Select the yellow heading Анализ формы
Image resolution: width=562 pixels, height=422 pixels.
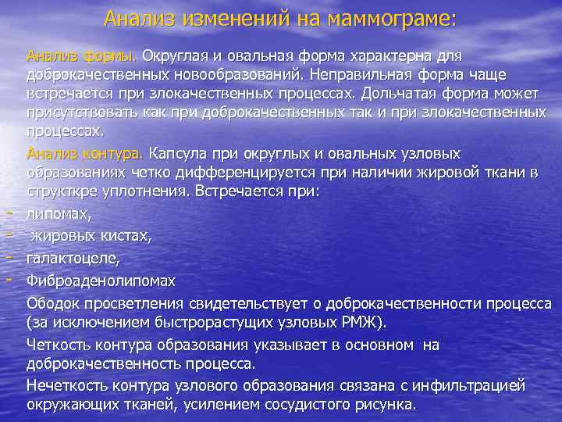[82, 56]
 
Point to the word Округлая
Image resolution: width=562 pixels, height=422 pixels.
[178, 56]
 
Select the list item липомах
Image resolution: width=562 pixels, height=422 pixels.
[59, 212]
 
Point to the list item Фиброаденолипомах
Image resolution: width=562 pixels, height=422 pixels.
[101, 279]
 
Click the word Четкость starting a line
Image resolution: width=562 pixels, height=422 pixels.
[62, 345]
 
